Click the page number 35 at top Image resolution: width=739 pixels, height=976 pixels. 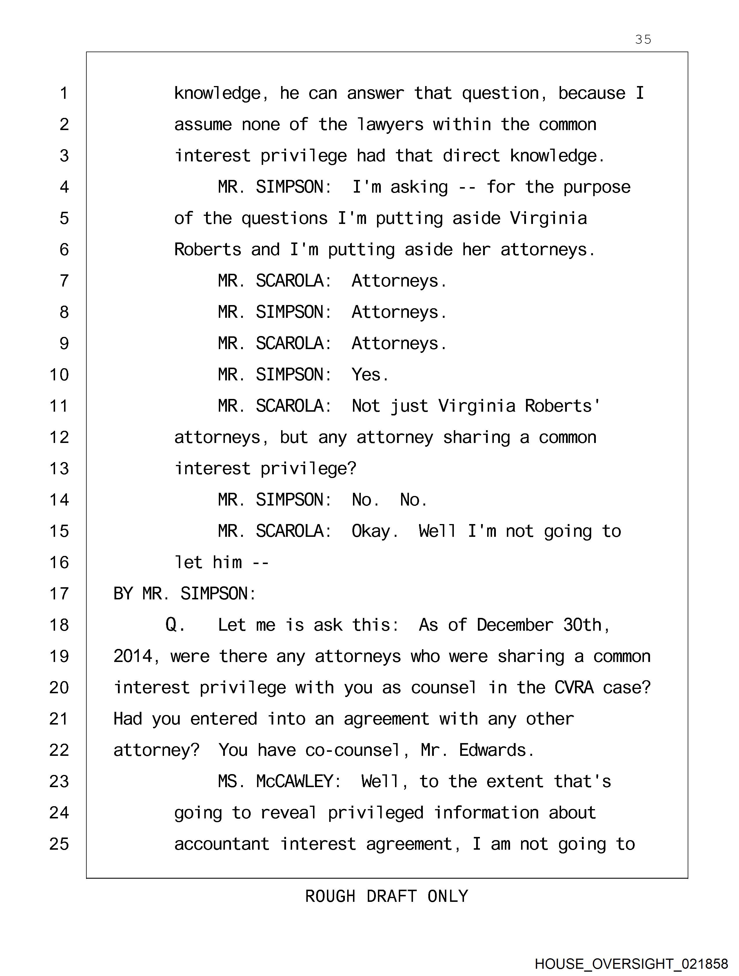tap(643, 40)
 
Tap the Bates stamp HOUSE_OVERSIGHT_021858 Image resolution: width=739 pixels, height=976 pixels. tap(631, 964)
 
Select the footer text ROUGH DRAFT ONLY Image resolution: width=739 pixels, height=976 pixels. tap(386, 897)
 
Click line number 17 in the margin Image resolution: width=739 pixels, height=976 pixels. tap(59, 594)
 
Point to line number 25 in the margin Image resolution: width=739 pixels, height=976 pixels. tap(59, 844)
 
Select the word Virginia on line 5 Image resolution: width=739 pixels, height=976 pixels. tap(548, 219)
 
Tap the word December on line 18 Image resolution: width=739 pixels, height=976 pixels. tap(515, 625)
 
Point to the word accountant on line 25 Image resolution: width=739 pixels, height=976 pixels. tap(222, 844)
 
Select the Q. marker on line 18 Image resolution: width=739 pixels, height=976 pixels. tap(175, 625)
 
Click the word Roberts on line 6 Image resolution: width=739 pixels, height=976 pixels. tap(207, 250)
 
